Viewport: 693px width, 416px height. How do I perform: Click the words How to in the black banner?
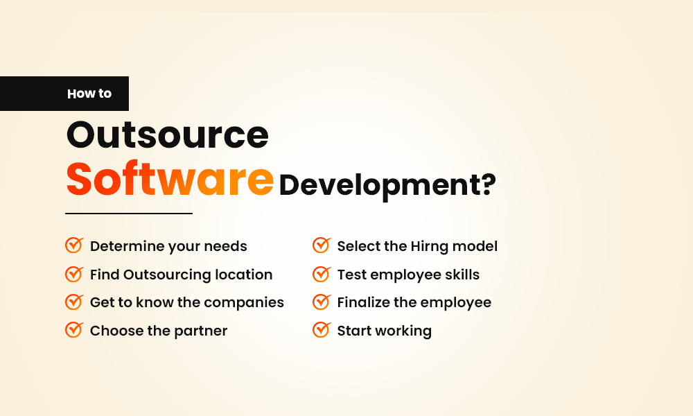point(89,94)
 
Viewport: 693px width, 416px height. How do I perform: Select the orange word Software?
point(170,180)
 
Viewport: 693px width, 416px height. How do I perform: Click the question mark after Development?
point(488,185)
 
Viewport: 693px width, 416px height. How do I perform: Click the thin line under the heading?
point(128,214)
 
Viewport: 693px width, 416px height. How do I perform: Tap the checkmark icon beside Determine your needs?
point(73,245)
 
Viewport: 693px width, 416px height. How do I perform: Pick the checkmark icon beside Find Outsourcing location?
point(73,274)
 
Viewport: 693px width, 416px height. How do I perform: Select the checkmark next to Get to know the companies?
point(73,302)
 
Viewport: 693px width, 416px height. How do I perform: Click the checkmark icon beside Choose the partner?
point(73,330)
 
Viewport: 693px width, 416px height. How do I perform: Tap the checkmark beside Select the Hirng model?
point(321,245)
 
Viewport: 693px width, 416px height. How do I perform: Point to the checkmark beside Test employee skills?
point(321,274)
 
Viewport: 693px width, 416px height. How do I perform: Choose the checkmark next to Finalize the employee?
point(321,302)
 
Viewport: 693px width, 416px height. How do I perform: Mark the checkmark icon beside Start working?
point(321,330)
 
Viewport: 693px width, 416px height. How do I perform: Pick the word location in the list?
point(243,275)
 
